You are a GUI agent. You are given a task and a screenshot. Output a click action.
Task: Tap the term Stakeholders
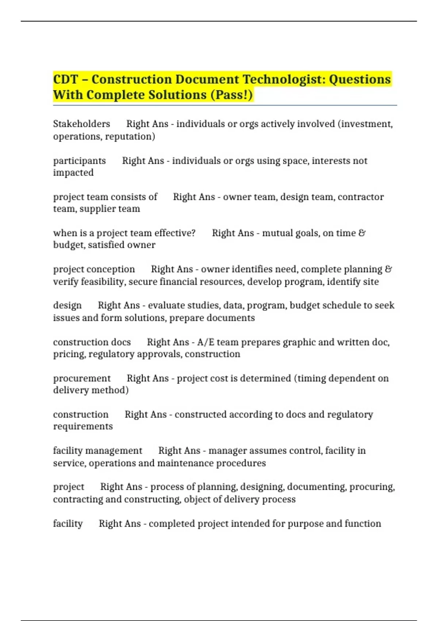coord(81,124)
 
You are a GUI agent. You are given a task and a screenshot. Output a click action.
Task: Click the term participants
coord(79,161)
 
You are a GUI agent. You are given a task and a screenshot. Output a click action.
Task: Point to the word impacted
coord(73,172)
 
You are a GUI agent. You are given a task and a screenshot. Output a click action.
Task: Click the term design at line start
coord(67,305)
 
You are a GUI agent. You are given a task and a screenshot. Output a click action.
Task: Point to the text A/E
coord(205,342)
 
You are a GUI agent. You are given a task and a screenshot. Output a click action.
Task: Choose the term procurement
coord(81,378)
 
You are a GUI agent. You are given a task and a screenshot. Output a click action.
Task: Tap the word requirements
coord(83,426)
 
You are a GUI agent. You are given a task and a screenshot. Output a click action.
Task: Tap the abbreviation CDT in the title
coord(66,79)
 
